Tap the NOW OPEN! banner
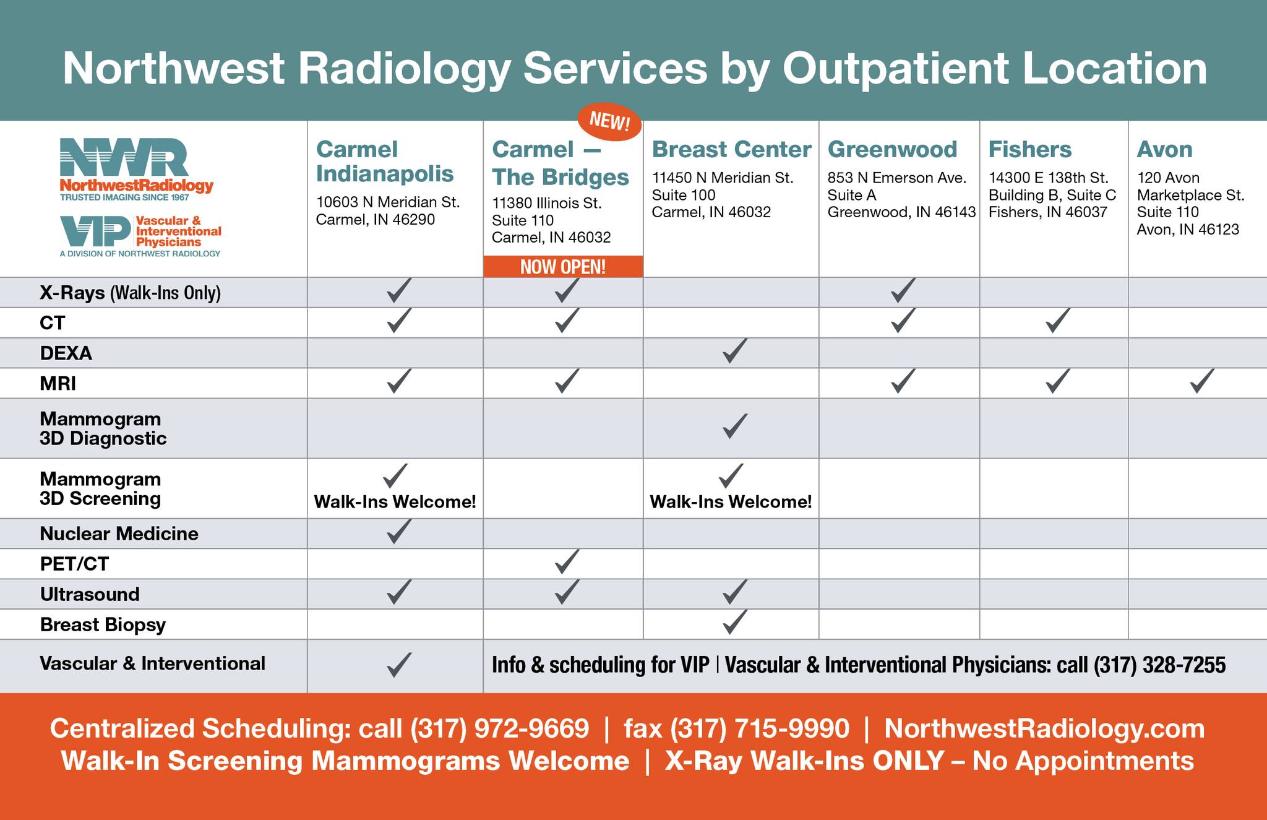[x=563, y=267]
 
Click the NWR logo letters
[x=124, y=157]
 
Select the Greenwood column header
[x=892, y=149]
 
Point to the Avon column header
[x=1164, y=149]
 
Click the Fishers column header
[x=1029, y=149]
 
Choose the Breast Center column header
[x=731, y=149]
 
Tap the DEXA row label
[x=66, y=353]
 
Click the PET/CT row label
[x=74, y=564]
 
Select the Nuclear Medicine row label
[x=119, y=533]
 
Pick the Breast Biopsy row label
[x=103, y=624]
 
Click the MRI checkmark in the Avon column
[x=1201, y=381]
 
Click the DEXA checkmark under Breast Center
[x=734, y=351]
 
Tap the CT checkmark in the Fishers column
[x=1057, y=321]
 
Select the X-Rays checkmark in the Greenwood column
[x=903, y=290]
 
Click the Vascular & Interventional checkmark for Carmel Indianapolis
[x=398, y=664]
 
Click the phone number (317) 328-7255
[x=1159, y=665]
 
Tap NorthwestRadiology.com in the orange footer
[x=1044, y=728]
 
